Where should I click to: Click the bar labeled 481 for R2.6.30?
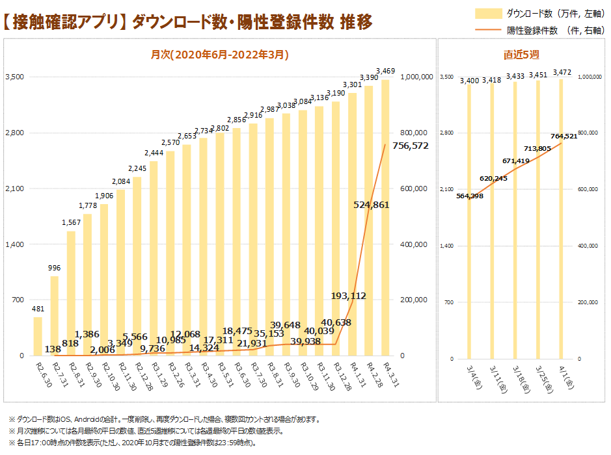[38, 336]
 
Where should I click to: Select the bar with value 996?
[55, 316]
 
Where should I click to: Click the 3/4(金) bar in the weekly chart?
[469, 221]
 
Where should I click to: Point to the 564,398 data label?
[470, 196]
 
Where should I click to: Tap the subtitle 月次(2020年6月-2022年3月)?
[220, 55]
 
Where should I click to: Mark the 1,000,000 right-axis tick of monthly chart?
[418, 77]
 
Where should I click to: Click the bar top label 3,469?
[386, 70]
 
